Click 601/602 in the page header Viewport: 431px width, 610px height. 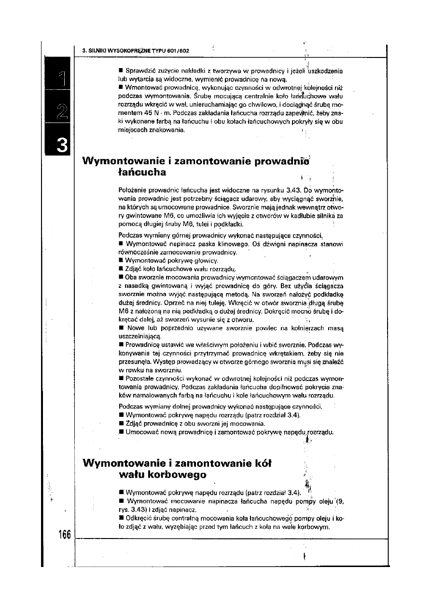pyautogui.click(x=179, y=50)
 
